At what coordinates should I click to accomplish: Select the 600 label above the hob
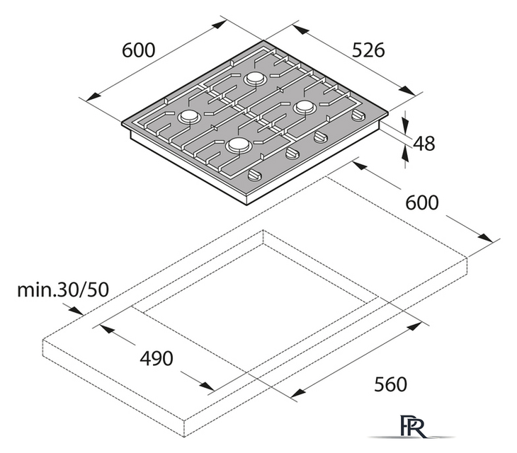point(138,50)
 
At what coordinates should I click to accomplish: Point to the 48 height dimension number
point(424,143)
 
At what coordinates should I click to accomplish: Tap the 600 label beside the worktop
point(422,202)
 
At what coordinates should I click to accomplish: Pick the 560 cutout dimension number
point(390,384)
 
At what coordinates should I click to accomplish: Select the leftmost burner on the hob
point(188,117)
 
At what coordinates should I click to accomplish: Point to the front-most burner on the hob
point(238,145)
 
